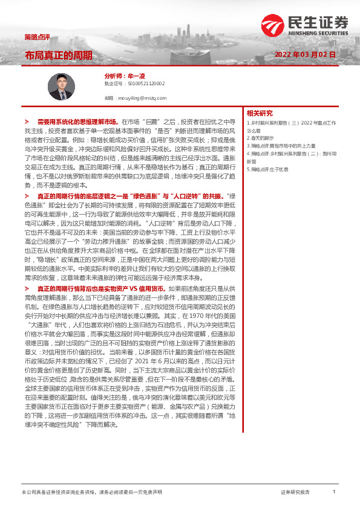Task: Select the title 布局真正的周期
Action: [59, 55]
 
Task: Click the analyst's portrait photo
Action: [60, 86]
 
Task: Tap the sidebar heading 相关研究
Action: [260, 113]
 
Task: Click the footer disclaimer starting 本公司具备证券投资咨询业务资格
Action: [91, 493]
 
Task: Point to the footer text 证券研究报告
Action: [295, 493]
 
